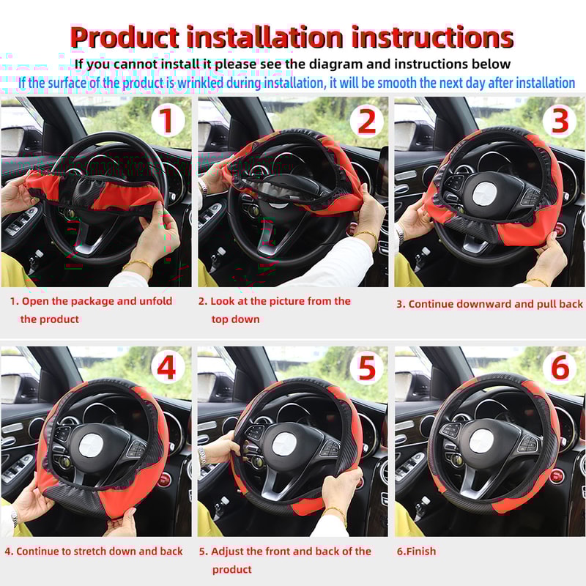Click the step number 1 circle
coord(168,120)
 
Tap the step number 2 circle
coord(366,120)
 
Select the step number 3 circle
coord(560,120)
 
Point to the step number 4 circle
coord(168,368)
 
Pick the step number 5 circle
coord(366,368)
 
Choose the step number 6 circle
coord(560,368)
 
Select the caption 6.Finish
coord(416,551)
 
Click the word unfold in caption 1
coord(155,301)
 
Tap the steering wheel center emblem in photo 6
coord(482,442)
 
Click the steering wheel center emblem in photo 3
coord(486,194)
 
